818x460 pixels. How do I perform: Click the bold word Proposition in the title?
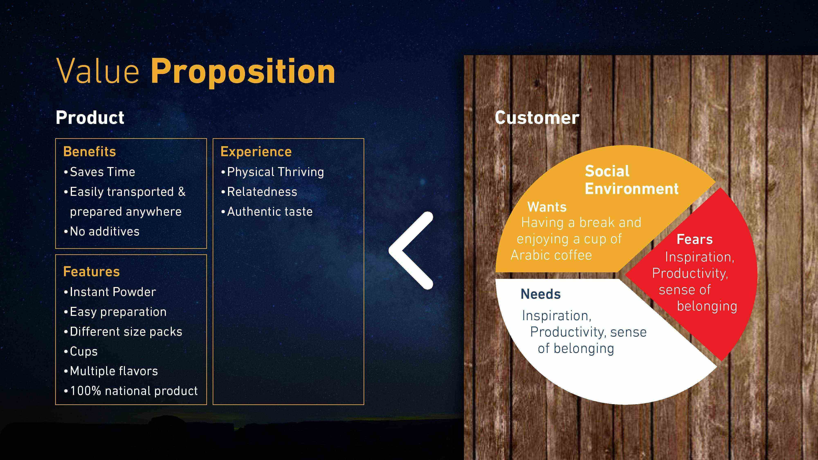[x=243, y=72]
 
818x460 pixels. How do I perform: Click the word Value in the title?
[x=98, y=71]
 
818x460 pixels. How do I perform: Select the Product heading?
[x=90, y=118]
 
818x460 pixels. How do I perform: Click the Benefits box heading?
[x=90, y=151]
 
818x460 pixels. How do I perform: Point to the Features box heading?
[x=91, y=272]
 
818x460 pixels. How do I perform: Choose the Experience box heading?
[x=256, y=152]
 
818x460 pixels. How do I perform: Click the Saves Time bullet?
[x=99, y=172]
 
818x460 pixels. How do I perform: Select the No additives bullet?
[x=102, y=231]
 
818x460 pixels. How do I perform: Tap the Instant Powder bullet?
[x=110, y=292]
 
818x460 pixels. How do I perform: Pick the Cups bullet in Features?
[x=81, y=351]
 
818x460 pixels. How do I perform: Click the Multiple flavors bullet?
[x=111, y=371]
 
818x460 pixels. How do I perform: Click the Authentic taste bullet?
[x=267, y=211]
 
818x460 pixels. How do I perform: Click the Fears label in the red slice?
[x=694, y=239]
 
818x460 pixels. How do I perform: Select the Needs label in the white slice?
[x=541, y=294]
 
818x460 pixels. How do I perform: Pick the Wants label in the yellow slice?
[x=547, y=207]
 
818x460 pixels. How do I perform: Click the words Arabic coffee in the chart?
[x=551, y=255]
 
